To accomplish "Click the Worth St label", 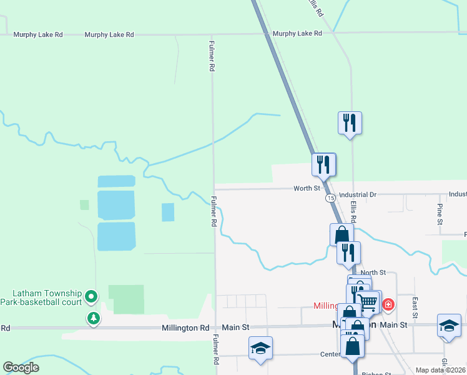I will (307, 188).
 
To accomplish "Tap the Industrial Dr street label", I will (356, 195).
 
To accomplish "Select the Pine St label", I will (440, 214).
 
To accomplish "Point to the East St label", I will (415, 306).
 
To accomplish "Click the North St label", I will (373, 272).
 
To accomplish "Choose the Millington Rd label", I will (185, 327).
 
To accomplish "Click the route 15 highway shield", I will (330, 198).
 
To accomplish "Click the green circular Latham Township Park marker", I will (92, 296).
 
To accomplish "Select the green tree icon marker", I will (93, 318).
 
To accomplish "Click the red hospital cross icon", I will (388, 304).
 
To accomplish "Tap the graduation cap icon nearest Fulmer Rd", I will (260, 348).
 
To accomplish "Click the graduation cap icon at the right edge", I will (449, 326).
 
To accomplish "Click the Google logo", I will (21, 367).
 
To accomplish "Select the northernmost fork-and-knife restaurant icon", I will (350, 122).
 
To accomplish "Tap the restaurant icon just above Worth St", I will (323, 164).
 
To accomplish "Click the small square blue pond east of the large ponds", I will (168, 212).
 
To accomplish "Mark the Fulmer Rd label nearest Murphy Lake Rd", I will (212, 57).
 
